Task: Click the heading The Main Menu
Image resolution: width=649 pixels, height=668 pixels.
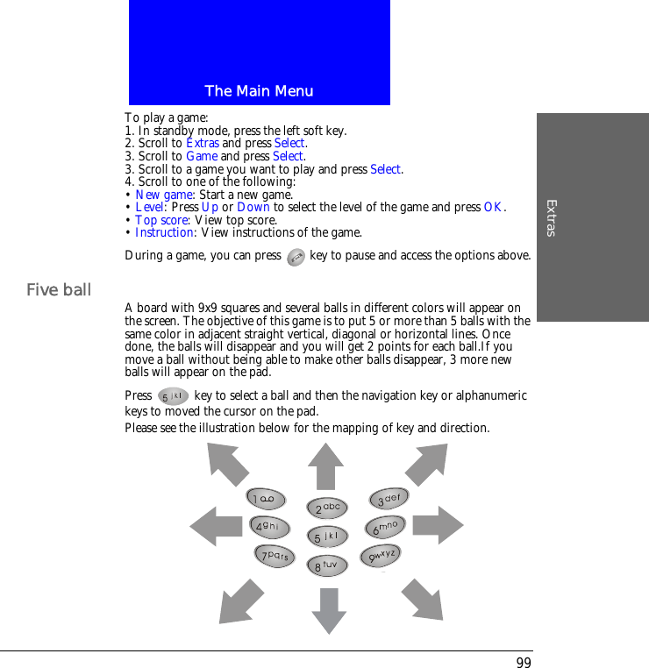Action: pos(259,91)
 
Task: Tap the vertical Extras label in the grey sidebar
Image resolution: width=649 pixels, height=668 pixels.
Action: pos(551,217)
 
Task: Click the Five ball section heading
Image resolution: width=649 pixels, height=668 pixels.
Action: pos(59,289)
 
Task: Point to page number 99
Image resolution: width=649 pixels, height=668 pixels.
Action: pos(524,663)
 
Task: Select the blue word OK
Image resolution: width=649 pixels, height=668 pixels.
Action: pos(494,207)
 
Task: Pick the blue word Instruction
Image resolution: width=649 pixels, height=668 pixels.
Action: pos(164,232)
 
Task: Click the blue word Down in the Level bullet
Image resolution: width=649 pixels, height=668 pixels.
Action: pos(253,207)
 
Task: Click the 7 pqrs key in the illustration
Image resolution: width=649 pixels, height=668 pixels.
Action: pos(275,556)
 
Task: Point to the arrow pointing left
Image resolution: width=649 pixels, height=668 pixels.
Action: pos(215,526)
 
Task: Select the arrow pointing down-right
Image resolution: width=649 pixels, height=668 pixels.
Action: pos(422,599)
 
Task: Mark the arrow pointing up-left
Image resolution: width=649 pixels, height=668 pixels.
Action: pos(227,464)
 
